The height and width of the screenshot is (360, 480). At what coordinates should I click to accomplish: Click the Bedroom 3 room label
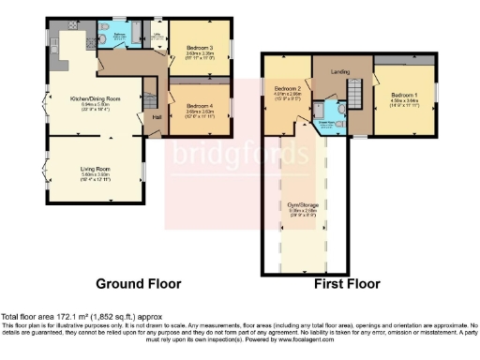click(x=199, y=46)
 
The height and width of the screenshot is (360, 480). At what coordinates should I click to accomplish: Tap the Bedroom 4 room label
click(x=199, y=106)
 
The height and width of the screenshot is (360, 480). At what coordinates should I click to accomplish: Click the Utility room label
click(x=157, y=35)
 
